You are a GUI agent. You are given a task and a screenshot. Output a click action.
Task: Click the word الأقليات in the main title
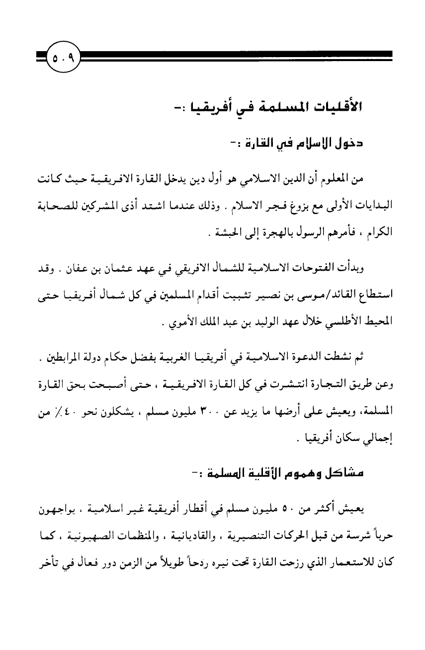coord(337,107)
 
